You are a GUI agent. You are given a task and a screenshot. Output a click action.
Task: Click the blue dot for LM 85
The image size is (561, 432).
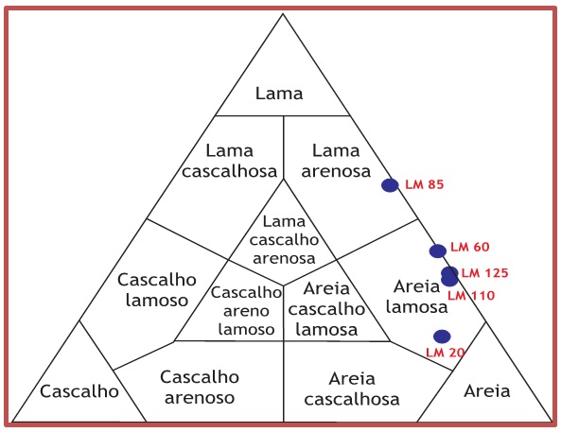coord(390,185)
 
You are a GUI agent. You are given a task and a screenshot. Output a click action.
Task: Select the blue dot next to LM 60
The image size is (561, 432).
coord(438,251)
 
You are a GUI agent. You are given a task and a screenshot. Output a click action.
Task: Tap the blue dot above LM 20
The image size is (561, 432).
coord(442,337)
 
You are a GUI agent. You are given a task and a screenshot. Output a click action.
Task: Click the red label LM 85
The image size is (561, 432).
coord(425,184)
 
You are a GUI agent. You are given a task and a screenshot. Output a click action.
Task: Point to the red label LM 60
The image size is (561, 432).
coord(470,247)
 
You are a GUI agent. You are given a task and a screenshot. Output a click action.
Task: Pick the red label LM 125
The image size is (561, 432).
coord(485,273)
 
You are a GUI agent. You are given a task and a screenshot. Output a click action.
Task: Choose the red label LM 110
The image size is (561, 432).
coord(471,295)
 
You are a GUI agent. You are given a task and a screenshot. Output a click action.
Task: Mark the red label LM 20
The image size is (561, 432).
coord(446,353)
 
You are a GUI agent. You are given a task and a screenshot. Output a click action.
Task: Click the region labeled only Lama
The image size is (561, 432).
coord(279,94)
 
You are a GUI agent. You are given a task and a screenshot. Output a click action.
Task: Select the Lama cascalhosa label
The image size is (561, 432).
coord(229,161)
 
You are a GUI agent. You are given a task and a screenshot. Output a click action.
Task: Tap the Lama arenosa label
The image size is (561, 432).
coord(336,161)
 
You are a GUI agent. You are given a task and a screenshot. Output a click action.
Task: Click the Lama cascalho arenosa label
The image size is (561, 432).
coord(284,239)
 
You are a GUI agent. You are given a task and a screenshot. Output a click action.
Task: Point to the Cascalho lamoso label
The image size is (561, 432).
coord(157,289)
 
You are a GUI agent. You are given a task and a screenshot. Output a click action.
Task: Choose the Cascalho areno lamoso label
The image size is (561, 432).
coord(246,311)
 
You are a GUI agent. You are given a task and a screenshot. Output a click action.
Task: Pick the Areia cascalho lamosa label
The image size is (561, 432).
coord(326,309)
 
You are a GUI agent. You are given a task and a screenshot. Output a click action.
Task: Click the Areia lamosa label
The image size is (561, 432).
coord(417,297)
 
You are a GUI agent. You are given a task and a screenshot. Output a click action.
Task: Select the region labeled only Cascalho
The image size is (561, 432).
coord(79,391)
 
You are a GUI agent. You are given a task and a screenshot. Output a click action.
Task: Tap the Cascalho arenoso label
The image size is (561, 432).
coord(200,388)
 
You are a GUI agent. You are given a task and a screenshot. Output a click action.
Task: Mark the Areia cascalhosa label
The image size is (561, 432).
coord(352,389)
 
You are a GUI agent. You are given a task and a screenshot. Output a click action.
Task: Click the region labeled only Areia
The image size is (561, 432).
coord(487,390)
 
